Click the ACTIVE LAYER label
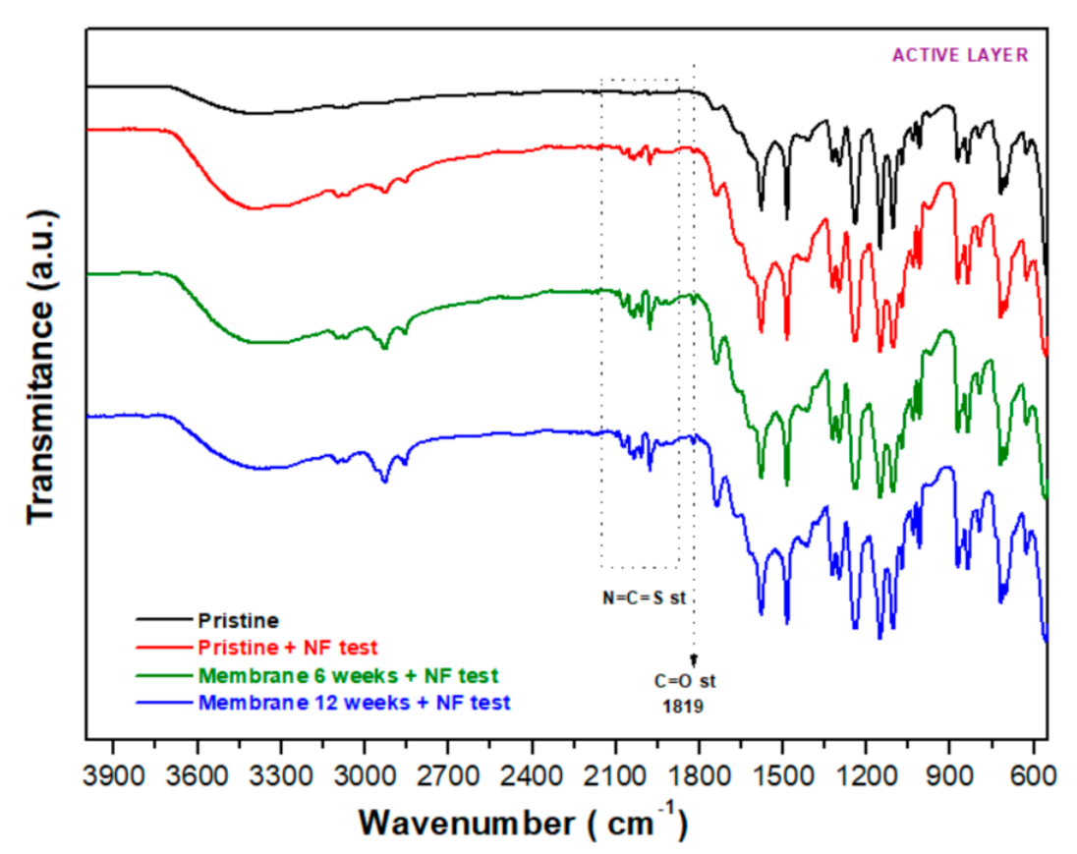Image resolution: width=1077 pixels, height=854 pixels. pos(959,55)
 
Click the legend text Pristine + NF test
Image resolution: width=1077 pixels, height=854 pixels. pos(288,649)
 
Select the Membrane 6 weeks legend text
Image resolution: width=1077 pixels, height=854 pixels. pos(348,676)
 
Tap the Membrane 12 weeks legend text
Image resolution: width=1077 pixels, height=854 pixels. pos(354,704)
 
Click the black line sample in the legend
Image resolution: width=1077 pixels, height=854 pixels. pos(163,621)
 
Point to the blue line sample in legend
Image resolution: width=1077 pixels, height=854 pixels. pos(163,704)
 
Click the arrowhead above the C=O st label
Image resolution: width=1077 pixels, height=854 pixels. pos(694,659)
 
